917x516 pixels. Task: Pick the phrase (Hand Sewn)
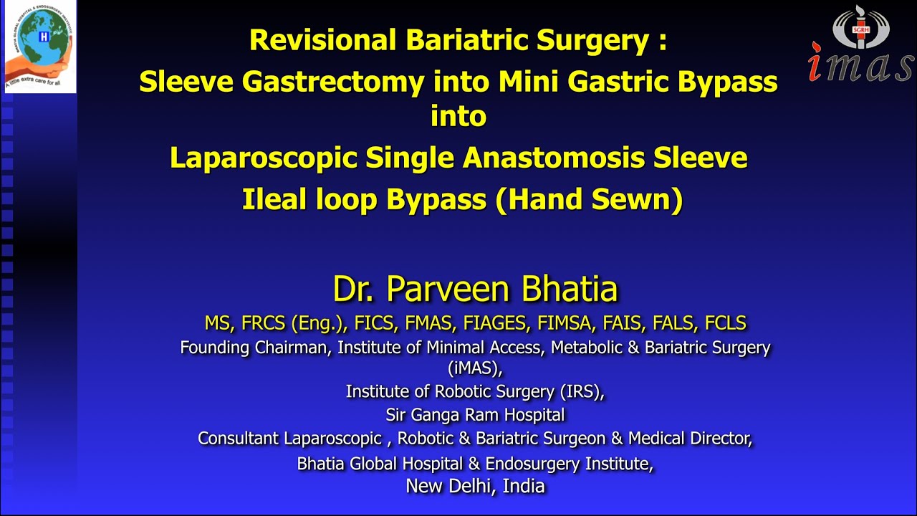[588, 200]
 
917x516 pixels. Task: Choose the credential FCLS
[725, 323]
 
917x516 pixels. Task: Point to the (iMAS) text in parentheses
[475, 368]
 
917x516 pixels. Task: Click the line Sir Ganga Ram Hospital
[475, 414]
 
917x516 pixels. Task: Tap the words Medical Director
[690, 437]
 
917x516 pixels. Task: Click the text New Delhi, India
[475, 486]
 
